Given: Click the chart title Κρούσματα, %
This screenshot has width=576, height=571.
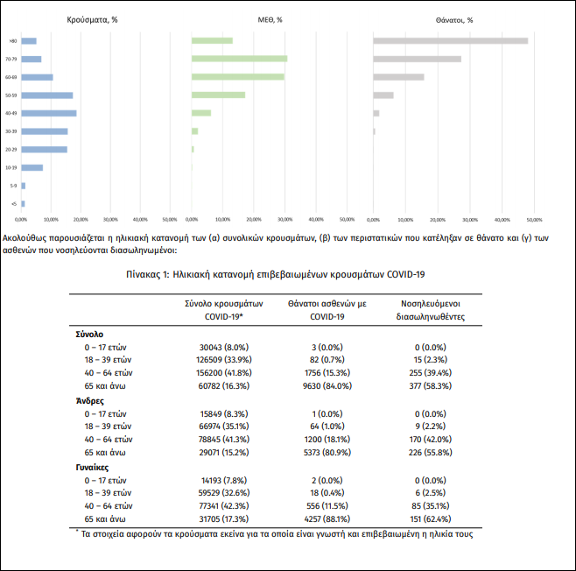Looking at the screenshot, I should pos(92,20).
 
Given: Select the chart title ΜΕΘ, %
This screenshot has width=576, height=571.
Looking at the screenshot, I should pos(268,20).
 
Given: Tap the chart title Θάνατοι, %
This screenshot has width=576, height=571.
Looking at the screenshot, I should pos(453,20).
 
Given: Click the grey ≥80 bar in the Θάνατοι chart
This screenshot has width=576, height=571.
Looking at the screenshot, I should pos(450,40).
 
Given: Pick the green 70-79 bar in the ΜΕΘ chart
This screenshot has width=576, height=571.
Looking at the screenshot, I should pos(239,59).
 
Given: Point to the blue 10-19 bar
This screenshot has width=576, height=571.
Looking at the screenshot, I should pos(32,167).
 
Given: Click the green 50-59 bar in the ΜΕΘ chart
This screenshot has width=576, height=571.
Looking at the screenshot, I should pos(218,95).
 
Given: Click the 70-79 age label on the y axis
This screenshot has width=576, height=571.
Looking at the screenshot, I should pos(11,59).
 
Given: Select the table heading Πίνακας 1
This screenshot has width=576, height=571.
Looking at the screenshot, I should pos(287,273).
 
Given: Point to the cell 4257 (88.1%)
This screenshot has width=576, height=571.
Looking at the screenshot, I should pos(314,518).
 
